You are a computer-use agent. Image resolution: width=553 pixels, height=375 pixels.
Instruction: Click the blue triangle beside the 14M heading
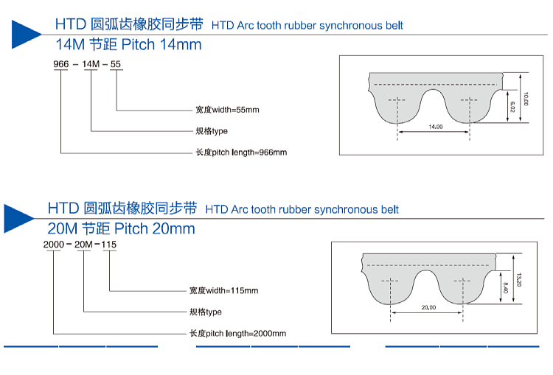(x=24, y=35)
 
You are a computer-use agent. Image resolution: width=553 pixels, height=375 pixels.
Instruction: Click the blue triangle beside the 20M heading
(x=18, y=219)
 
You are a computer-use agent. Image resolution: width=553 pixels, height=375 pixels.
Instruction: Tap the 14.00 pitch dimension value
(x=436, y=127)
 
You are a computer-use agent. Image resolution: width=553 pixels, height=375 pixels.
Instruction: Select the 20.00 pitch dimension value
(x=428, y=307)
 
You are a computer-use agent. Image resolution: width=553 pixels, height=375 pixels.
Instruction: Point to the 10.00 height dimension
(x=526, y=99)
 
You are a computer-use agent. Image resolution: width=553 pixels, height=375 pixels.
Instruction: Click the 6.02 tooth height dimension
(x=512, y=107)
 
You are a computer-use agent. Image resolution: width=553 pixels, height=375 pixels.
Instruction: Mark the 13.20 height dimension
(x=519, y=279)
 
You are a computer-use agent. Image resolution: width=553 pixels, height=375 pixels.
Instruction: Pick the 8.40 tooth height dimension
(x=505, y=288)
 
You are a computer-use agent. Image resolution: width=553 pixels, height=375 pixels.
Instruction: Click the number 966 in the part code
(x=61, y=64)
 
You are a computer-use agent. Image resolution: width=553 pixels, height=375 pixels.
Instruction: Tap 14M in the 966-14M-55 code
(x=91, y=64)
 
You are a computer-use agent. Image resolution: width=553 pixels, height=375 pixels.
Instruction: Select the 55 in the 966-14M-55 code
(x=116, y=64)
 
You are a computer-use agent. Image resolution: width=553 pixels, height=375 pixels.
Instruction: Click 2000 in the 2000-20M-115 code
(x=54, y=245)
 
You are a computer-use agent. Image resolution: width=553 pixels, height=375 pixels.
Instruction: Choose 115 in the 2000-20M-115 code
(x=109, y=245)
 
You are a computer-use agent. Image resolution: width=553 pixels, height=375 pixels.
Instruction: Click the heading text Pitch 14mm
(x=161, y=45)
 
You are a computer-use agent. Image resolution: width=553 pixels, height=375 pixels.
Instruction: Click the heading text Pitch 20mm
(x=155, y=228)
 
